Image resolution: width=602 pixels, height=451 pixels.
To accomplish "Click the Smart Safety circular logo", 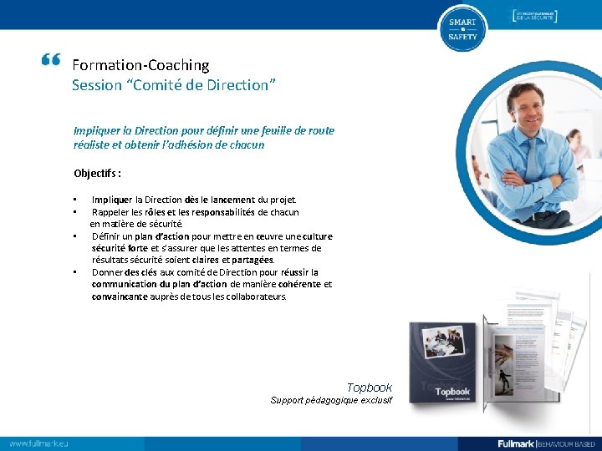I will pyautogui.click(x=462, y=28).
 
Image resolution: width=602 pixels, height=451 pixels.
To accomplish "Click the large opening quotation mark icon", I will pyautogui.click(x=50, y=60).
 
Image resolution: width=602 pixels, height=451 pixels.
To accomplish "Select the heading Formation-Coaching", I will pyautogui.click(x=140, y=64).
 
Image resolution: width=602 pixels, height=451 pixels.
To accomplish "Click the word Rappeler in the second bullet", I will pyautogui.click(x=110, y=212).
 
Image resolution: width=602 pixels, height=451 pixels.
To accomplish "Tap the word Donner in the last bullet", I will pyautogui.click(x=108, y=272).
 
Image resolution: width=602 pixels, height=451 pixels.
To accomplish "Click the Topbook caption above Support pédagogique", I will pyautogui.click(x=369, y=388).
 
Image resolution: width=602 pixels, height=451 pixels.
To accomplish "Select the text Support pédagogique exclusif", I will pyautogui.click(x=331, y=401).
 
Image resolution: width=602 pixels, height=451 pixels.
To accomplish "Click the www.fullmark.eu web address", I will pyautogui.click(x=38, y=443).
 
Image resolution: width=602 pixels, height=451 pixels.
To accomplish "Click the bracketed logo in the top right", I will pyautogui.click(x=534, y=16).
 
